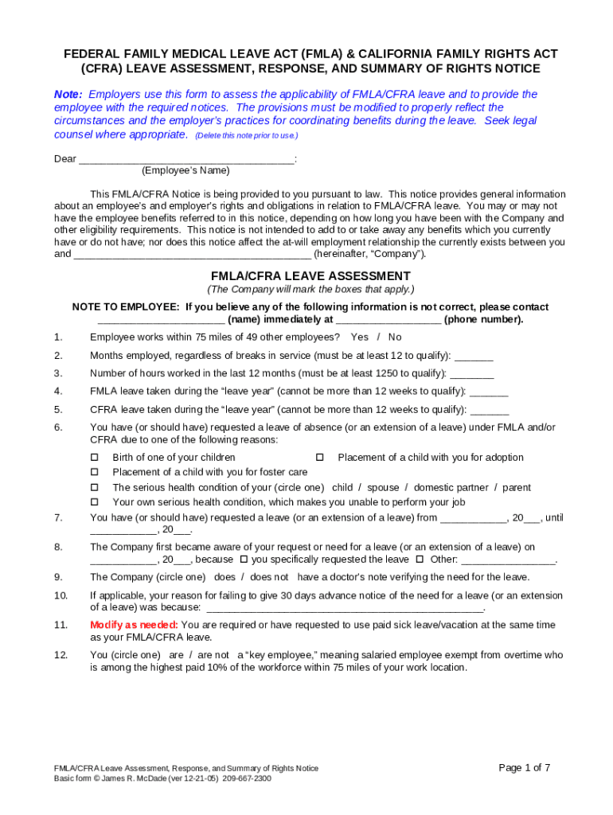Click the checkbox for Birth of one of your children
pyautogui.click(x=94, y=458)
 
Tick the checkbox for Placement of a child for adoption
pyautogui.click(x=319, y=458)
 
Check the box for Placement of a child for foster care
pyautogui.click(x=94, y=473)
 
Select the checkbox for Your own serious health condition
pyautogui.click(x=94, y=502)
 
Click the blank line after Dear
pyautogui.click(x=186, y=159)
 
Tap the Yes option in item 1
pyautogui.click(x=359, y=337)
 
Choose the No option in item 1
pyautogui.click(x=395, y=337)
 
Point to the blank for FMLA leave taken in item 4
pyautogui.click(x=489, y=392)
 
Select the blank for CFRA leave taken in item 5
pyautogui.click(x=490, y=410)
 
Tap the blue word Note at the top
pyautogui.click(x=68, y=94)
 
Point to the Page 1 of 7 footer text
pyautogui.click(x=524, y=768)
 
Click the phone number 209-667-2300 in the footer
pyautogui.click(x=247, y=778)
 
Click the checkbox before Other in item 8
pyautogui.click(x=420, y=560)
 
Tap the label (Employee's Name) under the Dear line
pyautogui.click(x=185, y=170)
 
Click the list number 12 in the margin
pyautogui.click(x=61, y=655)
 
